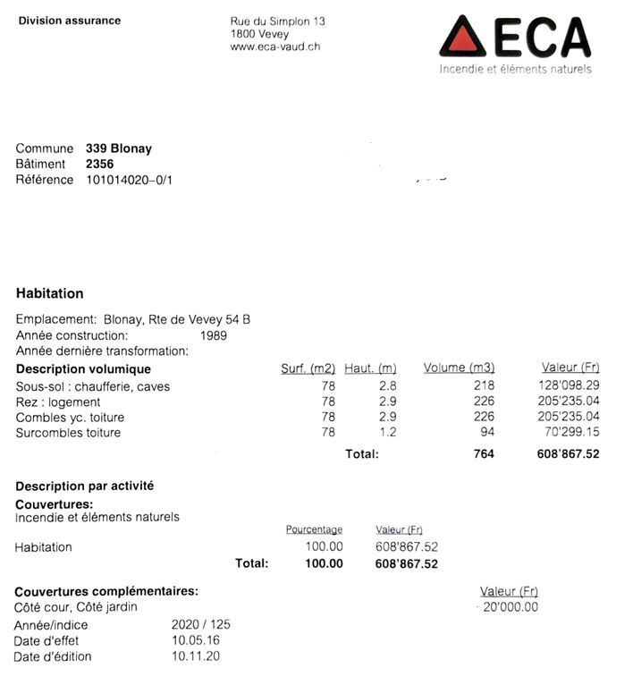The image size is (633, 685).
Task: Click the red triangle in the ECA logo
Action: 463,38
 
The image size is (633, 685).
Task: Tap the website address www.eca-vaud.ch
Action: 274,47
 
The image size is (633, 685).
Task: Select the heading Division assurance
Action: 69,21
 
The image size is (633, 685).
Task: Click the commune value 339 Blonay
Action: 118,148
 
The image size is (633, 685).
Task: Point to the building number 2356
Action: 99,164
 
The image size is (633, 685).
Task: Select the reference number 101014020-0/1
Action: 129,180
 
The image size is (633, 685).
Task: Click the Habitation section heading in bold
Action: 50,293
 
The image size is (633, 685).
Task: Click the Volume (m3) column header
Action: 459,368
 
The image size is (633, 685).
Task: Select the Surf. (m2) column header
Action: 308,368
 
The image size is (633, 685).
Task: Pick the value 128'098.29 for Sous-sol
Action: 569,386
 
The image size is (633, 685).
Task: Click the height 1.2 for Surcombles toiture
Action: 387,433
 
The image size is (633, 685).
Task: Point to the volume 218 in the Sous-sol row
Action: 484,386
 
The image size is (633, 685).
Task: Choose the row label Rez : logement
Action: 58,402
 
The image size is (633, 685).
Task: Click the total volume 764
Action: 483,454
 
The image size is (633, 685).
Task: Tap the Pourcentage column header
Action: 314,529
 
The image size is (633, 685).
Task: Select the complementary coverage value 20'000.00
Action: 511,606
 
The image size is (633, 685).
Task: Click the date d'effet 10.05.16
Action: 195,640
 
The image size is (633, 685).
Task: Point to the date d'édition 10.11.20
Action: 195,656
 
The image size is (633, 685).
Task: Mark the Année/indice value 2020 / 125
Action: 200,625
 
